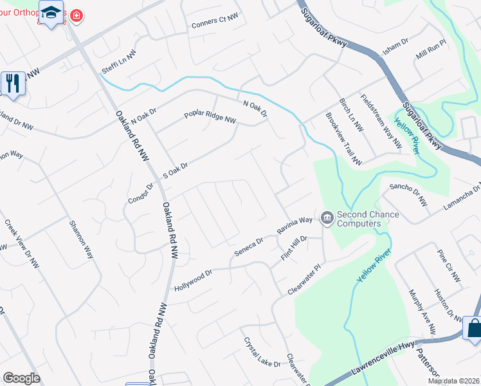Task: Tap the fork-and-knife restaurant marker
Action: pyautogui.click(x=12, y=83)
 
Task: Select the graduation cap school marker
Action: pyautogui.click(x=51, y=12)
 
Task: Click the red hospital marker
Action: pyautogui.click(x=77, y=15)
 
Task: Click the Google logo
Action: pyautogui.click(x=21, y=378)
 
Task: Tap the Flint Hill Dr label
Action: pyautogui.click(x=295, y=248)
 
